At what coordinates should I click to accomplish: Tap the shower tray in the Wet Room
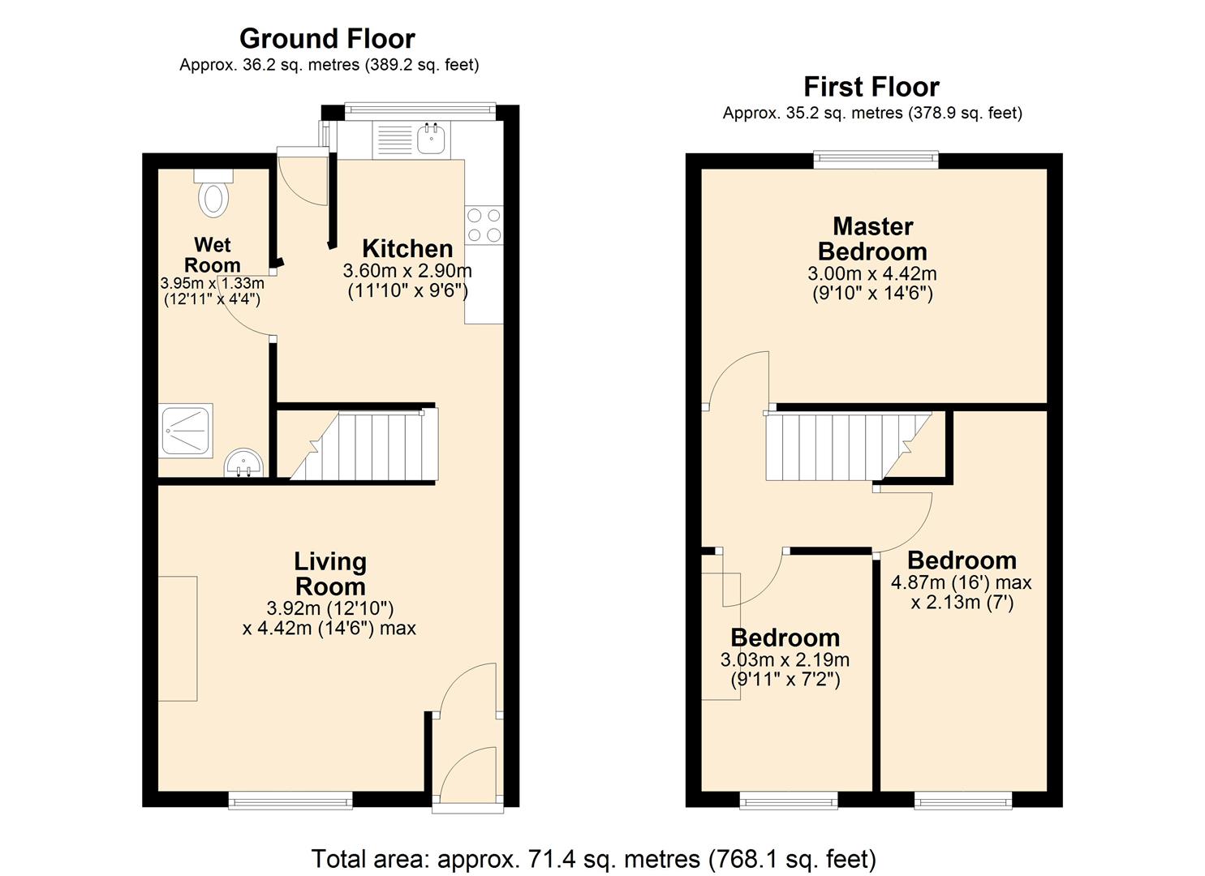(187, 429)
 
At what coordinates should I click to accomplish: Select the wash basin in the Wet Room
(243, 464)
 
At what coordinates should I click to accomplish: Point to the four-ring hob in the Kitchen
(484, 225)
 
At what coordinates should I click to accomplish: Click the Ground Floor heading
(327, 38)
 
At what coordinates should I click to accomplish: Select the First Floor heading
(871, 86)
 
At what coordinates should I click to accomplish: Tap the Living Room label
(329, 573)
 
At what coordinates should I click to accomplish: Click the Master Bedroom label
(872, 238)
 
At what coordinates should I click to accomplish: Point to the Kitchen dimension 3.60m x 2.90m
(407, 271)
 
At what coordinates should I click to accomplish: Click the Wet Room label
(213, 255)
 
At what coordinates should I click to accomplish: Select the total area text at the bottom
(593, 858)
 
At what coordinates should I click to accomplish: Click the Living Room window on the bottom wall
(290, 801)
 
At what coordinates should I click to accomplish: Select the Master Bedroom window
(876, 160)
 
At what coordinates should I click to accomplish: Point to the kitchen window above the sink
(420, 108)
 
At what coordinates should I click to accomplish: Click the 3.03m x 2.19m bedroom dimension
(785, 660)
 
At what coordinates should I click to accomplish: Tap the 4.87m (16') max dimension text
(961, 582)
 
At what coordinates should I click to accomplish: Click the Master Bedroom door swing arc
(735, 377)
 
